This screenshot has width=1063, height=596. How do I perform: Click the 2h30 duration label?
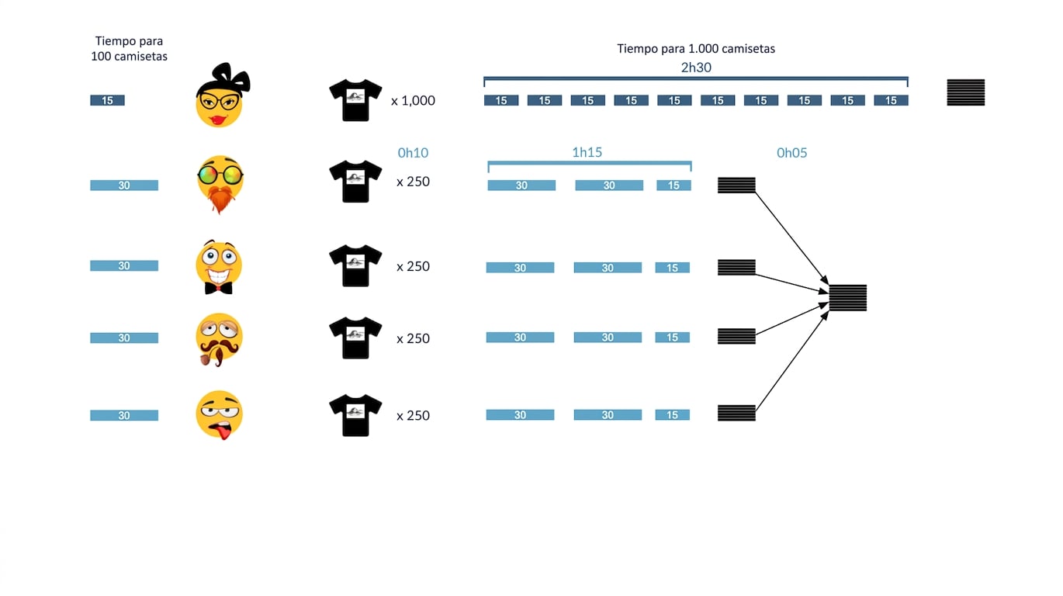tap(696, 68)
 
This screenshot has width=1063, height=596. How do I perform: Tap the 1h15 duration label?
tap(587, 152)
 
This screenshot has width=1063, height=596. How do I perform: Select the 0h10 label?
tap(413, 153)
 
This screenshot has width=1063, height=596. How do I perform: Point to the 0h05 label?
tap(791, 153)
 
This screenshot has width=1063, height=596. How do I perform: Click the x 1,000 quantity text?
tap(413, 101)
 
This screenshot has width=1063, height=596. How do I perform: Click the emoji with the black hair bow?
tap(222, 95)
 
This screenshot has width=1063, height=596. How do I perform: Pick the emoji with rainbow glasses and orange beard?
tap(220, 185)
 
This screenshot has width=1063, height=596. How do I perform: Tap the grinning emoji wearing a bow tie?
tap(219, 267)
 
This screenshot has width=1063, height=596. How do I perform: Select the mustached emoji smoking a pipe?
tap(219, 340)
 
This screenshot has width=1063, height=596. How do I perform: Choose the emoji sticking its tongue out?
tap(220, 415)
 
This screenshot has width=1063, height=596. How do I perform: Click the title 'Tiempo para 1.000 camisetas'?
tap(696, 48)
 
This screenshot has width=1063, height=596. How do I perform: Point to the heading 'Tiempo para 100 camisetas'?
tap(129, 48)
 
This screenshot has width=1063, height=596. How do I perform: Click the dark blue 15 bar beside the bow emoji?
tap(107, 101)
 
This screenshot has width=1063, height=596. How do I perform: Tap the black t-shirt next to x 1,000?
tap(355, 100)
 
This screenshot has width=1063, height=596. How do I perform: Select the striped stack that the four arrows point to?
tap(847, 297)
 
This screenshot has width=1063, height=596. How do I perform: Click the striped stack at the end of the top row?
tap(966, 92)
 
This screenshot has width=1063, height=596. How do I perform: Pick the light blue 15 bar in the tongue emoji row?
tap(673, 415)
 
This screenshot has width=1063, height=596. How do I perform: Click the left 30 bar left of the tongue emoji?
tap(124, 416)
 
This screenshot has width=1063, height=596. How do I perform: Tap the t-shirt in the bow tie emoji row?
tap(355, 265)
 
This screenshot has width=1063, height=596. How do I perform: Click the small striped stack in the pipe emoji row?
tap(736, 336)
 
